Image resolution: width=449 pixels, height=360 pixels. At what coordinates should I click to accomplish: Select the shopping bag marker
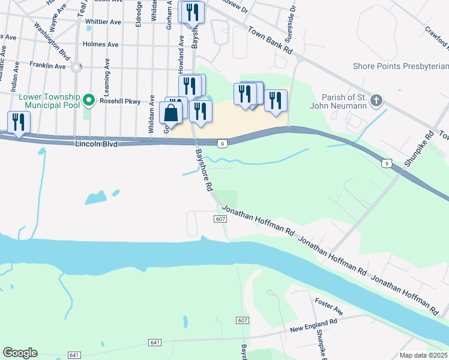tap(171, 113)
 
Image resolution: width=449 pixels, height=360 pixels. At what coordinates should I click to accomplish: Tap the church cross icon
tap(376, 100)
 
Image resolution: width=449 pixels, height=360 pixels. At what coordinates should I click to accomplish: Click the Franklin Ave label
tap(47, 66)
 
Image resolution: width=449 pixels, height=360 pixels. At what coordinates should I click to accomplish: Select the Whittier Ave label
tap(103, 22)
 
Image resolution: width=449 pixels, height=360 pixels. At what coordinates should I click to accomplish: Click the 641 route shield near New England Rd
tap(154, 342)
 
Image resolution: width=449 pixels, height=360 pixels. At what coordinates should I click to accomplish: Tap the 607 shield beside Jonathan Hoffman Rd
tap(220, 219)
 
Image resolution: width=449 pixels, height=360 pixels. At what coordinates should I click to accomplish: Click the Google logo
tap(20, 353)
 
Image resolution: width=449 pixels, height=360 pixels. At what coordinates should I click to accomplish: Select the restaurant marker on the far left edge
tap(17, 123)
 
